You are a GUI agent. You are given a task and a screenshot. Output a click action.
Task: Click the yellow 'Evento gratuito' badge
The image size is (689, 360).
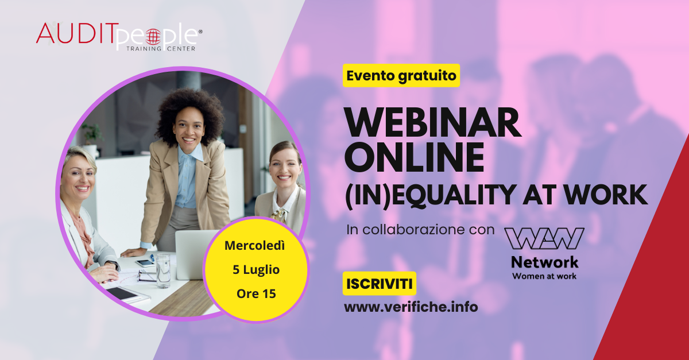click(401, 75)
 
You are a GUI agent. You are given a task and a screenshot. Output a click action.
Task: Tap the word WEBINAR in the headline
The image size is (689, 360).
click(433, 122)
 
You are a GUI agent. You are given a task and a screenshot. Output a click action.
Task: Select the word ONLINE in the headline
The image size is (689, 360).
click(415, 157)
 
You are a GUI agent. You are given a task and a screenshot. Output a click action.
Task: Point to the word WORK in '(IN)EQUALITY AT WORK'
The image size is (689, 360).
click(606, 195)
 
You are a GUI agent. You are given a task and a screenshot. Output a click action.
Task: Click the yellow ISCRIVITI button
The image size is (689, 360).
click(380, 284)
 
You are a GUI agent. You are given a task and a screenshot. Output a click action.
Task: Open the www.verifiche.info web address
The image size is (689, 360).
click(411, 307)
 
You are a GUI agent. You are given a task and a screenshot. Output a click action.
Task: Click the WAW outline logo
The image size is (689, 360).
click(544, 238)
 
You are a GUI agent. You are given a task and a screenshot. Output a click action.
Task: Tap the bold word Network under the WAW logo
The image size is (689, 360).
click(544, 262)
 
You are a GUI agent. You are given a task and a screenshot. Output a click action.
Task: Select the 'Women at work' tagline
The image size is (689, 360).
click(544, 276)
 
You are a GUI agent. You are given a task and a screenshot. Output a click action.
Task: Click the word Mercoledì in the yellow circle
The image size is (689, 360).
click(255, 246)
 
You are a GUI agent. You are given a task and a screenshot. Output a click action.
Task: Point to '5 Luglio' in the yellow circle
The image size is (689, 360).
click(256, 270)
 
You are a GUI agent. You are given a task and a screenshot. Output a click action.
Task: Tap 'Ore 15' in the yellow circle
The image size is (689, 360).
click(256, 293)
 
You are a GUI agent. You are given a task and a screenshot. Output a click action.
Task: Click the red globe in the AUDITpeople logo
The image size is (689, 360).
click(153, 37)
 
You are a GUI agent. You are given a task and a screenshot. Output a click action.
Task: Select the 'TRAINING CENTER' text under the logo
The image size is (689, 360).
click(161, 49)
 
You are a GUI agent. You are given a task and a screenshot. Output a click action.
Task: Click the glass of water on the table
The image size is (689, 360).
click(162, 270)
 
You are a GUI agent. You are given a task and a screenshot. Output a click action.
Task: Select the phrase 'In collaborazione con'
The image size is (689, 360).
click(420, 230)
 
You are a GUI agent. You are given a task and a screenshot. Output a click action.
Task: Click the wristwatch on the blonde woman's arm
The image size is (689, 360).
click(113, 264)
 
